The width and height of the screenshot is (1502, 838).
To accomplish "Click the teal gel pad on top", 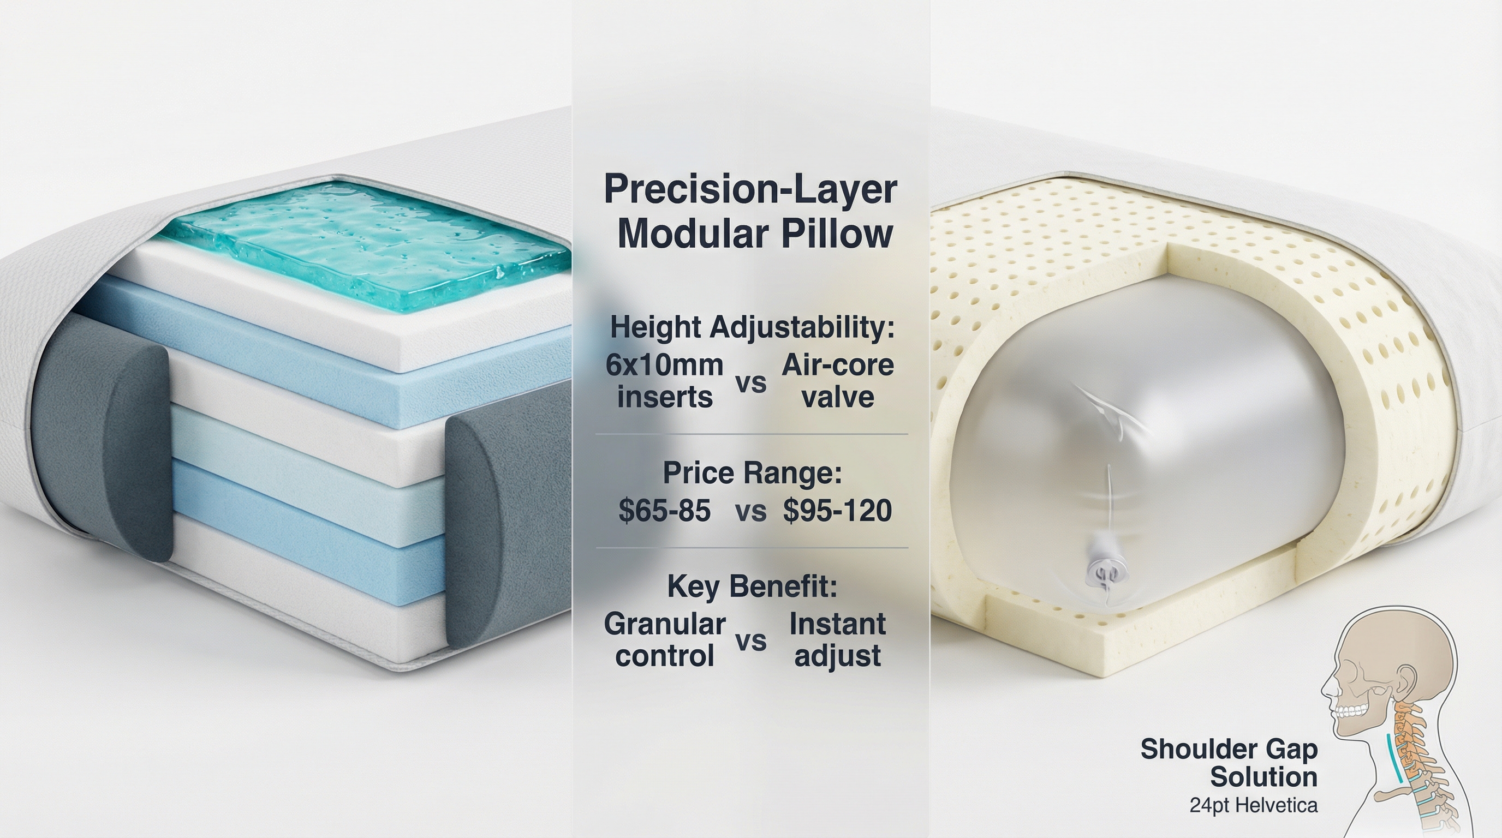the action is [365, 245].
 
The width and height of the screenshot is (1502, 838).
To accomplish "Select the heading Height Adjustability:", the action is [752, 327].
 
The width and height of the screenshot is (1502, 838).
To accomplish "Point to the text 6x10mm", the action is [665, 366].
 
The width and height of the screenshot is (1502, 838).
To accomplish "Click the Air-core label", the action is [837, 366].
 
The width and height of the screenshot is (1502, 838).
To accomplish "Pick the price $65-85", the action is [664, 511].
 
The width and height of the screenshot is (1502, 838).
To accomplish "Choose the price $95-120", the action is [837, 511].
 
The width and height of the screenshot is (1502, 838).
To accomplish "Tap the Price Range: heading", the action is [752, 472].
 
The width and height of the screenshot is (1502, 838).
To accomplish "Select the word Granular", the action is [665, 624].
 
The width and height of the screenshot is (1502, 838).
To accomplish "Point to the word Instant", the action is [837, 624].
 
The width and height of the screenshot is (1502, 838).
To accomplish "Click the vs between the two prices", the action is [750, 512].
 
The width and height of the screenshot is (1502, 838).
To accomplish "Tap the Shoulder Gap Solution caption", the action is [1229, 763].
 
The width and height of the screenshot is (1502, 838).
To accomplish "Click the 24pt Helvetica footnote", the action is [1254, 805].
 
